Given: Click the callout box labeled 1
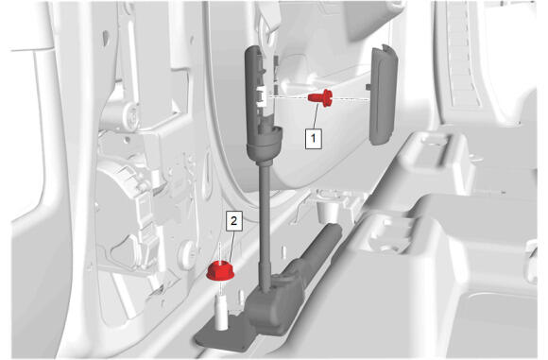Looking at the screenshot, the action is [x=314, y=139].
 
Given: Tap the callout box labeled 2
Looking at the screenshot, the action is [x=234, y=220].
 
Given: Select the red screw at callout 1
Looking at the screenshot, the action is [x=320, y=97].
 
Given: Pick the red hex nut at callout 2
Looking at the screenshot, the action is [x=220, y=270].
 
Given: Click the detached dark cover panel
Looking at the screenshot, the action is [x=384, y=94].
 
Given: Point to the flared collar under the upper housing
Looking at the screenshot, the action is [x=264, y=146].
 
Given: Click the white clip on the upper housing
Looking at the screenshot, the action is [x=262, y=97].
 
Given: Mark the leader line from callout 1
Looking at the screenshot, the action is [x=316, y=117].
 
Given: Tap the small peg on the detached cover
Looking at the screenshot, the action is [x=368, y=86].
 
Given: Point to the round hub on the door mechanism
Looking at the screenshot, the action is [x=130, y=116].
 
